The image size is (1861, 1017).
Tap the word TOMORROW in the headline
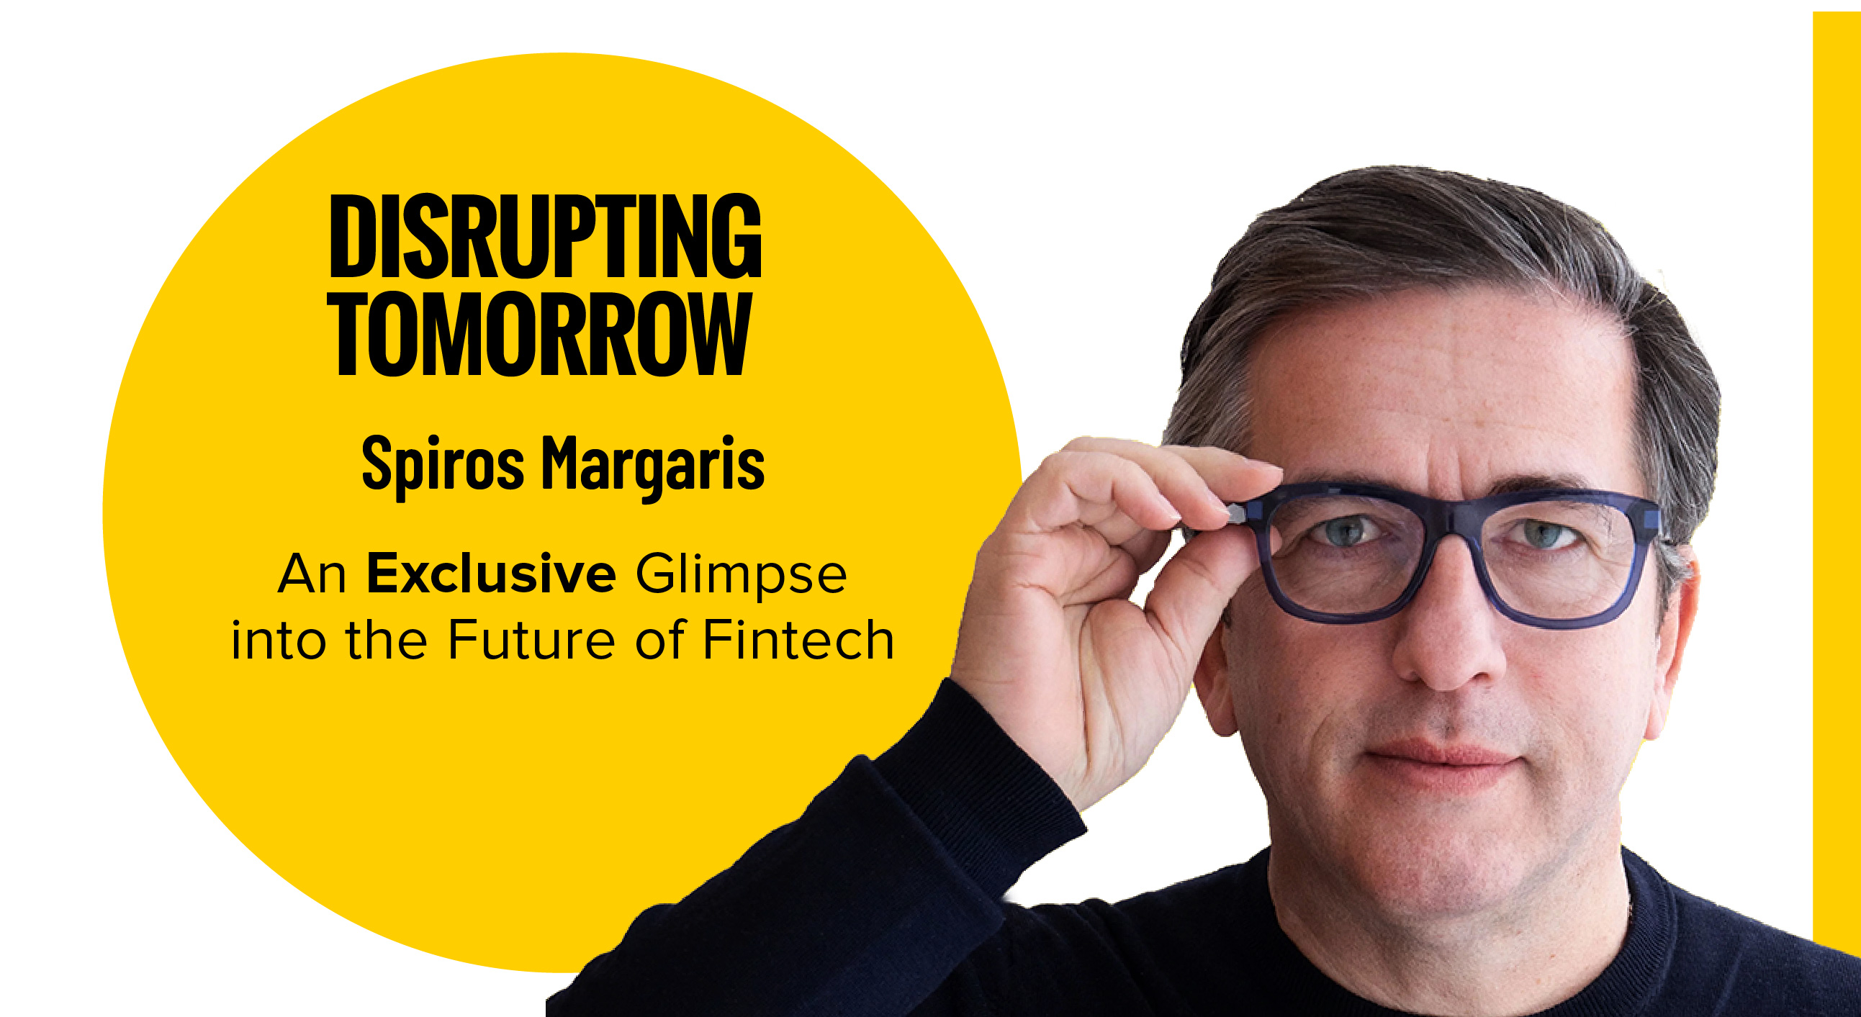point(541,334)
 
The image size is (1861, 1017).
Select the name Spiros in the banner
point(442,464)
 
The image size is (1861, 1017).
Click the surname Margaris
point(653,465)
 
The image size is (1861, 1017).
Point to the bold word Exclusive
point(491,574)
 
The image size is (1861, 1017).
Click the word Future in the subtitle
point(531,640)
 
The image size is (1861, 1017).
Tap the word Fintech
point(798,640)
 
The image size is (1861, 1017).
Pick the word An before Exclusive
point(312,575)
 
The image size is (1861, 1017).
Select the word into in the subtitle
point(277,640)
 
